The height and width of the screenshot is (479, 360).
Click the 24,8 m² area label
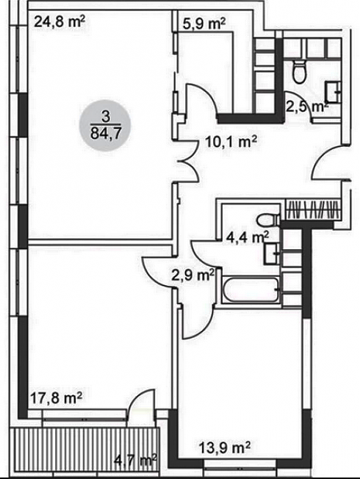tap(59, 22)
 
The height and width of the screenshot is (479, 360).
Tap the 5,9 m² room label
tap(204, 24)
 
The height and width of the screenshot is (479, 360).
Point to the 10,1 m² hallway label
tap(231, 142)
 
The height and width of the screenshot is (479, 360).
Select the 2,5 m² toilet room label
tap(307, 107)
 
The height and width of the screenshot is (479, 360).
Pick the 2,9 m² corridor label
tap(192, 275)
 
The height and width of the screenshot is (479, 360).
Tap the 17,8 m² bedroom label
tap(57, 398)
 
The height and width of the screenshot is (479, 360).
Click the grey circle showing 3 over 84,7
tap(105, 125)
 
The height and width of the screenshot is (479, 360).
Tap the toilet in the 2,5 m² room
tap(299, 71)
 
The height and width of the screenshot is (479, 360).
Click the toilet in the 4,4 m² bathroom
tap(268, 220)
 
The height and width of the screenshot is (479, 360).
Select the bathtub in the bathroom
tap(251, 290)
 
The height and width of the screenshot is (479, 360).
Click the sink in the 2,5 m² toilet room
tap(333, 92)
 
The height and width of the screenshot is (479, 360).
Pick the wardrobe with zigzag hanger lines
tap(314, 210)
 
